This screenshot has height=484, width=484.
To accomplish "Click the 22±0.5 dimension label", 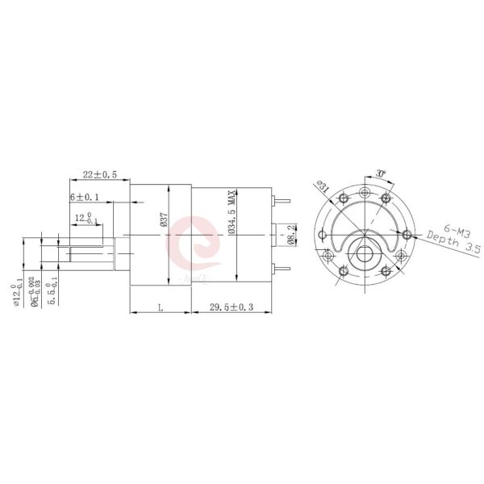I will pyautogui.click(x=100, y=174).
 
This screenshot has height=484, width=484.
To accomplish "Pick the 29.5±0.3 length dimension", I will pyautogui.click(x=232, y=307).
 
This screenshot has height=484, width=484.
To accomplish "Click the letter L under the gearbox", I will pyautogui.click(x=161, y=307).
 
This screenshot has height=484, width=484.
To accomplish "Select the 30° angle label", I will pyautogui.click(x=382, y=173).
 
